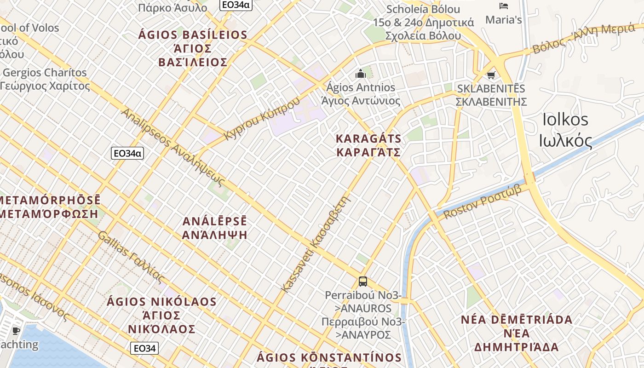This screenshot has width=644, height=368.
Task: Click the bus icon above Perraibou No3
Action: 362,281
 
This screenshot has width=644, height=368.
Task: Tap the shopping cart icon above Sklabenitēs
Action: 491,75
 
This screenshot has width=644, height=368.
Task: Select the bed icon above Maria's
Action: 504,6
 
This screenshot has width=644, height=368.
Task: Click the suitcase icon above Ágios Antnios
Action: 361,74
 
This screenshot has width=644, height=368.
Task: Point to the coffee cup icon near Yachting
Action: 16,331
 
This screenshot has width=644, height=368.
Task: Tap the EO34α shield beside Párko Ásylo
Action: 235,5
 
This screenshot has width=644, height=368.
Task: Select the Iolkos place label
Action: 565,130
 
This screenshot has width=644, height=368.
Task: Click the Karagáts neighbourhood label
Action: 368,145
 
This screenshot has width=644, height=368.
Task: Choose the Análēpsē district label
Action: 215,228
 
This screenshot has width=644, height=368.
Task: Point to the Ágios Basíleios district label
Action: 193,48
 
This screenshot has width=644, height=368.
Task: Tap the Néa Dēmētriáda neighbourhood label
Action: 517,333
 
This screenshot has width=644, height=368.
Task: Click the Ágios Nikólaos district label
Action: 161,316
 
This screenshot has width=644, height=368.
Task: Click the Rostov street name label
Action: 482,201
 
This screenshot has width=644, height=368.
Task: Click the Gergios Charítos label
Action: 45,79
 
